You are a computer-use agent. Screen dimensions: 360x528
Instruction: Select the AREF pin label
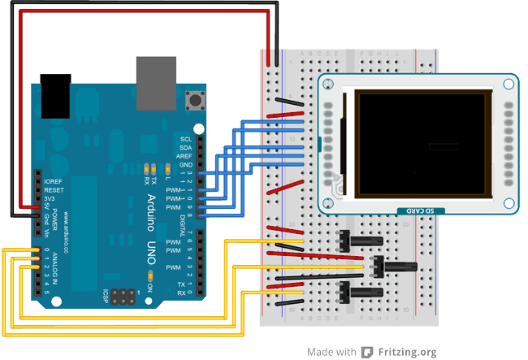(x=185, y=156)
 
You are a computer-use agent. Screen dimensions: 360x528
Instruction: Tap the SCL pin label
(x=186, y=139)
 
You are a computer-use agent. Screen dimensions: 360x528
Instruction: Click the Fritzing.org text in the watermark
(x=405, y=352)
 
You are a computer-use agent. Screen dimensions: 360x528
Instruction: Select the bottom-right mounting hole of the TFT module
(x=509, y=203)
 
